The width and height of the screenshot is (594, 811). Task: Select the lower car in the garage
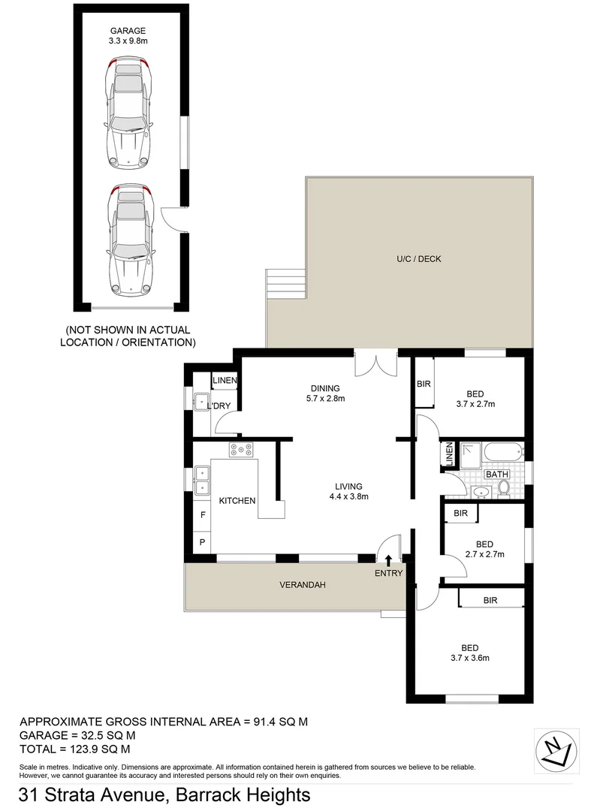[x=131, y=239]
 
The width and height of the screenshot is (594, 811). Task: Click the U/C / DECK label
[x=419, y=259]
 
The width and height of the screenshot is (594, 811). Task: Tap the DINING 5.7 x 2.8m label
[x=327, y=393]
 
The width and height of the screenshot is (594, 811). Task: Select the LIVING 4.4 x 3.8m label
[x=349, y=490]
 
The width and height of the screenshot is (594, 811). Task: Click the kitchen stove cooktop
[x=241, y=450]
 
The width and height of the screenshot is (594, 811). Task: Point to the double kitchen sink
[x=201, y=481]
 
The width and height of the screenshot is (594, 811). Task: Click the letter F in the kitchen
[x=202, y=515]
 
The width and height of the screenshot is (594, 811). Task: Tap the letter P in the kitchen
[x=202, y=541]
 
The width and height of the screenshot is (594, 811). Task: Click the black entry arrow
[x=387, y=559]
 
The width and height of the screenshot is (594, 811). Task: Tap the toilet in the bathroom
[x=504, y=490]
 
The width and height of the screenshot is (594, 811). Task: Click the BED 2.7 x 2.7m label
[x=484, y=549]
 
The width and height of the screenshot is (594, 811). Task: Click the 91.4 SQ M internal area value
[x=277, y=722]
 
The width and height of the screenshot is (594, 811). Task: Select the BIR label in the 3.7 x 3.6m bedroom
[x=490, y=600]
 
